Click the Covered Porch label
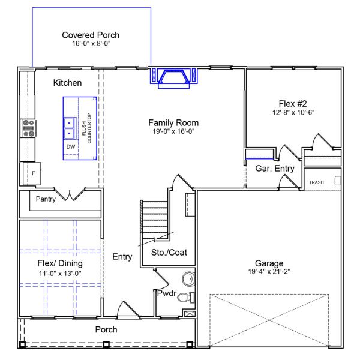tap(91, 35)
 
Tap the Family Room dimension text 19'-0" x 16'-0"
tap(173, 131)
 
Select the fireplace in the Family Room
tap(174, 78)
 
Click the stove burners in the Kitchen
tap(29, 128)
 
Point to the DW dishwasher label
tap(71, 147)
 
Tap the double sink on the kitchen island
tap(69, 128)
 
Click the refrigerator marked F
tap(32, 173)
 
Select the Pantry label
tap(46, 199)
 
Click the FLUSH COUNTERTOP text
tap(86, 128)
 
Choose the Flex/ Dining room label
tap(60, 263)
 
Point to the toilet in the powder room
tap(186, 298)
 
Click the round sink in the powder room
tap(188, 279)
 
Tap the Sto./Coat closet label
tap(169, 253)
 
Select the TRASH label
tap(316, 182)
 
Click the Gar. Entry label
tap(275, 169)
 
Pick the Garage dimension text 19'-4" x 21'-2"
tap(269, 272)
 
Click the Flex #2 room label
tap(293, 104)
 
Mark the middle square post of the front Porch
tap(106, 344)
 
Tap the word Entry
tap(122, 257)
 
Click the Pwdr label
tap(167, 293)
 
